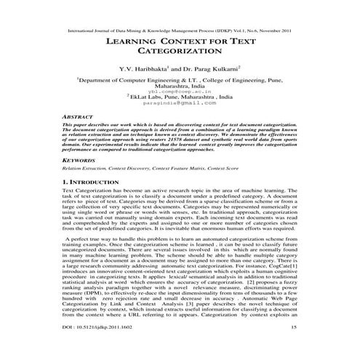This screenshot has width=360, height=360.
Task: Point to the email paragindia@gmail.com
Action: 180,104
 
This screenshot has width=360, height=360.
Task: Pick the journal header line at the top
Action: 180,31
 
